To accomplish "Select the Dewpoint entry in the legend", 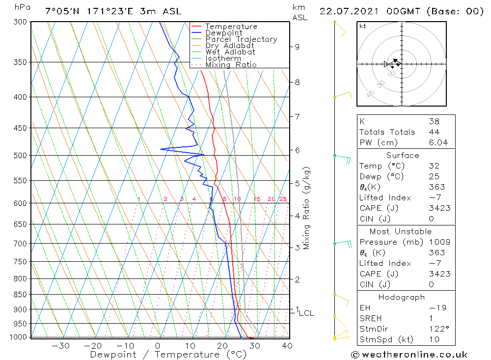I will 223,33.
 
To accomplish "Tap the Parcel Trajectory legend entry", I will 241,39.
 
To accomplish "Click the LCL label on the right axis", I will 306,313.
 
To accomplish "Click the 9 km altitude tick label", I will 297,47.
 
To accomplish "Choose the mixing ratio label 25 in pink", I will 283,199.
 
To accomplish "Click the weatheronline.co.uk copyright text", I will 409,354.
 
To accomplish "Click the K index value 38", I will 434,121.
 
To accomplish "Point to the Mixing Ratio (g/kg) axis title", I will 306,208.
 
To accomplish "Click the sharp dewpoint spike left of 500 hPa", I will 162,149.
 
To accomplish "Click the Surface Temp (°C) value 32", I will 434,166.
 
